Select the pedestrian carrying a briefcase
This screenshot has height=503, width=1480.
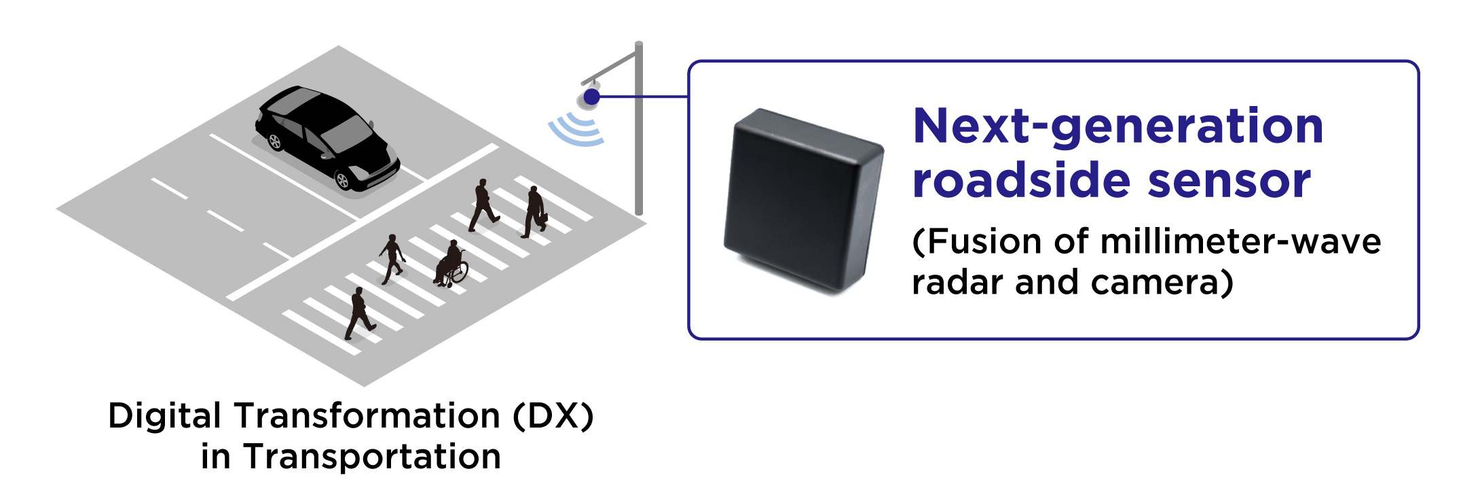coord(535,211)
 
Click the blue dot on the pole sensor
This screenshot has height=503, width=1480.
coord(592,97)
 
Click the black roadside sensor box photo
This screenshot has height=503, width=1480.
coord(803,201)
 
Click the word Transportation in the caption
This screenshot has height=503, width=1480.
coord(372,456)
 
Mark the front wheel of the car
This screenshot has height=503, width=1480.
coord(343,180)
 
